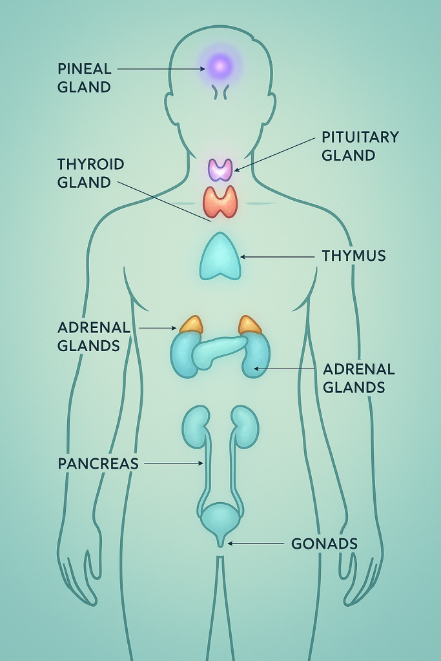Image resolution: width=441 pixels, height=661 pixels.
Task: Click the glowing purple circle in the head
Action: point(220,65)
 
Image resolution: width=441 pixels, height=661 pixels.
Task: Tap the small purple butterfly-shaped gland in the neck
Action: point(220,169)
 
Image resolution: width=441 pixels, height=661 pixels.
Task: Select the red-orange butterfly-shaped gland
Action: point(220,201)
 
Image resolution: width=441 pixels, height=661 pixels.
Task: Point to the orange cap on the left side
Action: point(191,325)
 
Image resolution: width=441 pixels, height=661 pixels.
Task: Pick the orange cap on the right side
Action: point(249,325)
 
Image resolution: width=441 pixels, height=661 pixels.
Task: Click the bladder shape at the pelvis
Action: point(220,519)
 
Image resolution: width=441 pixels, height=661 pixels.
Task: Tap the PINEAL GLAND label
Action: point(85,77)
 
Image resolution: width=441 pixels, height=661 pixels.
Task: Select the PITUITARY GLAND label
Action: point(360,146)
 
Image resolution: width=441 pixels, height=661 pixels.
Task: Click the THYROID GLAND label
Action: point(90,173)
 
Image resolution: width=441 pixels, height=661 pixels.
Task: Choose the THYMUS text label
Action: point(354,256)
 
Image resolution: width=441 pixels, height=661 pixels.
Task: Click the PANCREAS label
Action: point(98,463)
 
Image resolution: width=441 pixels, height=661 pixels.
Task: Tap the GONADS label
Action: point(324,544)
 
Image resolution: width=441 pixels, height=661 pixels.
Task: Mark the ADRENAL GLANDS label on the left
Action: point(94,336)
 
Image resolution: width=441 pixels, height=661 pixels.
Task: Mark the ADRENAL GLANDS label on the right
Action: point(358,378)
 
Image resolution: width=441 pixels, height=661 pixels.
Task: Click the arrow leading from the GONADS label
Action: point(255,544)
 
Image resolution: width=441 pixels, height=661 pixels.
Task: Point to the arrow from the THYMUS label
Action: point(278,256)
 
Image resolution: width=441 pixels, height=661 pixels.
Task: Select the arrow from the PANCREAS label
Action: point(173,463)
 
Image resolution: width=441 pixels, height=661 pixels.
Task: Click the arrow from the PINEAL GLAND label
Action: point(161,68)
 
